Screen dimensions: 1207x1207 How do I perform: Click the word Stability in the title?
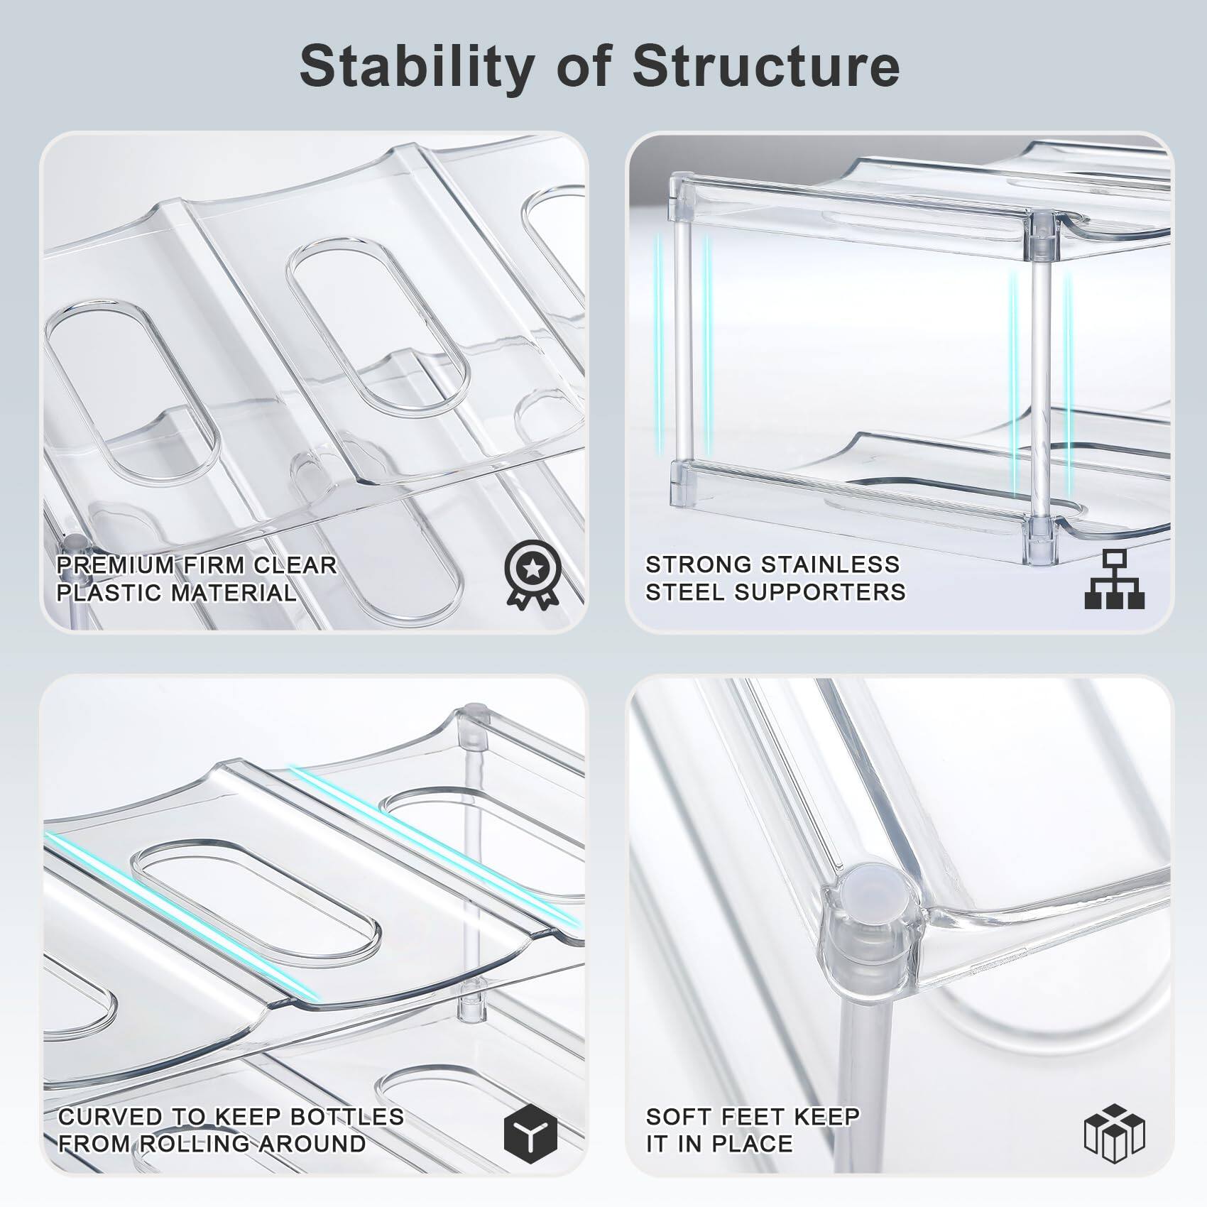(416, 66)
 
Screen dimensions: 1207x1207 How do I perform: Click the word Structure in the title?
(767, 66)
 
